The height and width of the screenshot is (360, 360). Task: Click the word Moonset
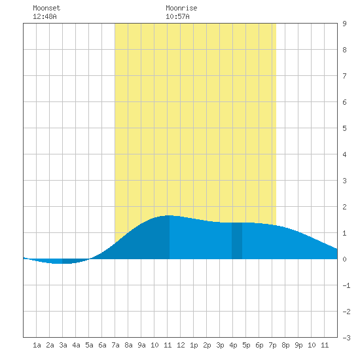[46, 8]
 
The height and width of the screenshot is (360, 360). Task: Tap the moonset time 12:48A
[45, 16]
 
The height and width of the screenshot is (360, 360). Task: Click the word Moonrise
[181, 8]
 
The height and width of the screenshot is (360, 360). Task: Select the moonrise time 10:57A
[177, 16]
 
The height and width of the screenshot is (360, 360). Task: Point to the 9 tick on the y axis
[344, 24]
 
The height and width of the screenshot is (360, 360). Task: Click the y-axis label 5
[344, 128]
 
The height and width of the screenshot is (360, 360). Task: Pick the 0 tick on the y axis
[344, 259]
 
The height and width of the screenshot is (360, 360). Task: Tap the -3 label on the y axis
[346, 338]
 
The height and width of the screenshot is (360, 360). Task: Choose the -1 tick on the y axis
[346, 285]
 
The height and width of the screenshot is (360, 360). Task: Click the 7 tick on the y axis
[344, 76]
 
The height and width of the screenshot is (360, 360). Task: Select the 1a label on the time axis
[37, 345]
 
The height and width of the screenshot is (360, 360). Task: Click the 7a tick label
[115, 345]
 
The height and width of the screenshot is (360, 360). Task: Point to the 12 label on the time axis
[181, 345]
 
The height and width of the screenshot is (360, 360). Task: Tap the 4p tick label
[233, 345]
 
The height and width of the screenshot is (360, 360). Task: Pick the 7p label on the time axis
[272, 345]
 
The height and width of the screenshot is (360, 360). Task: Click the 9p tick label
[298, 345]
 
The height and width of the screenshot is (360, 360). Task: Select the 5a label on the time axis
[89, 345]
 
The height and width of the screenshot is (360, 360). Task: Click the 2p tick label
[207, 345]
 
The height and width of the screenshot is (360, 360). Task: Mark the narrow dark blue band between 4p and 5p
[237, 241]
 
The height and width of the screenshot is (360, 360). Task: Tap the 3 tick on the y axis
[344, 181]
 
